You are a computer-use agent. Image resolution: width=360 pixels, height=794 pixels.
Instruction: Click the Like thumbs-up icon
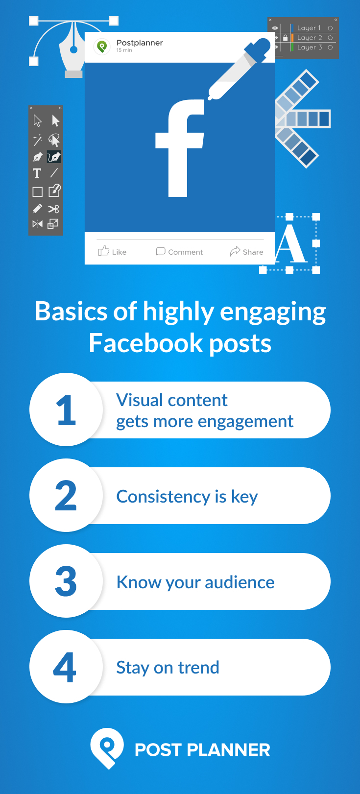(x=103, y=251)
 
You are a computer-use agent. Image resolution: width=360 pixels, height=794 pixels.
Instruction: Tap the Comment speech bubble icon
(x=160, y=251)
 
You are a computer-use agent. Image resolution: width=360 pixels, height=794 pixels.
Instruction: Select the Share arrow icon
(x=235, y=251)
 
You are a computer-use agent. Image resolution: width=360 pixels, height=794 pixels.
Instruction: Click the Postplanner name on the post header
(x=140, y=43)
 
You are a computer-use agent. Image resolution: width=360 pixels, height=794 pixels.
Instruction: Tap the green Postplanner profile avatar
(x=102, y=47)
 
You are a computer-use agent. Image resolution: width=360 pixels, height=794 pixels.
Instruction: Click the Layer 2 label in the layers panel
(x=310, y=38)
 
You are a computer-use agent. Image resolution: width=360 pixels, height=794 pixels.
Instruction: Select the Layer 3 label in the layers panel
(x=310, y=48)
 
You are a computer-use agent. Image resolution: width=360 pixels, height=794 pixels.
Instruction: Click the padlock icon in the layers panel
(x=285, y=38)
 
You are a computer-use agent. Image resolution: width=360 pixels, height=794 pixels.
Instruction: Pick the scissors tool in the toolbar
(x=53, y=209)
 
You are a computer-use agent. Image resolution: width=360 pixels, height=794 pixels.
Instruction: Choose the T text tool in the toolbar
(x=37, y=173)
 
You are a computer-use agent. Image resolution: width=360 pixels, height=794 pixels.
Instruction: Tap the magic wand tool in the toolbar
(x=37, y=140)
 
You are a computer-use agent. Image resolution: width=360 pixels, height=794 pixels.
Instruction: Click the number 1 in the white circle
(x=66, y=410)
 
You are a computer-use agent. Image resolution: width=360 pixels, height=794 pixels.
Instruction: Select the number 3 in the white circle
(x=66, y=581)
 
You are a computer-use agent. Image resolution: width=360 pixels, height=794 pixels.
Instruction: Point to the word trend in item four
(x=198, y=668)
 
